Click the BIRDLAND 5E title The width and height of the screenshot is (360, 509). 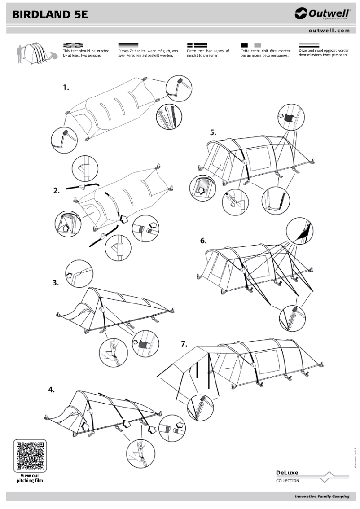pos(50,14)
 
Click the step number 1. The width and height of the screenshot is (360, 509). pos(66,88)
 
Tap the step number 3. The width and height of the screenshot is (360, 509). pos(56,283)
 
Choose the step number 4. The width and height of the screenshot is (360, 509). pos(52,390)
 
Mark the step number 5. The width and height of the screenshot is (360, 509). pos(213,132)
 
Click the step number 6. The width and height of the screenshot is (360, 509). pos(203,241)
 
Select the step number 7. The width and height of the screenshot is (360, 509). pos(184,344)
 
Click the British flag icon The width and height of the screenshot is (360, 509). pos(73,45)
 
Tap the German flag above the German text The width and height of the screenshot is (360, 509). pos(128,45)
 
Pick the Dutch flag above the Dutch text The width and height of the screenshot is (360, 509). pos(309,45)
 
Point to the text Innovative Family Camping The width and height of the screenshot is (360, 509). pos(322,496)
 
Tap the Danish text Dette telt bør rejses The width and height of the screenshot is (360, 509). pos(208,53)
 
